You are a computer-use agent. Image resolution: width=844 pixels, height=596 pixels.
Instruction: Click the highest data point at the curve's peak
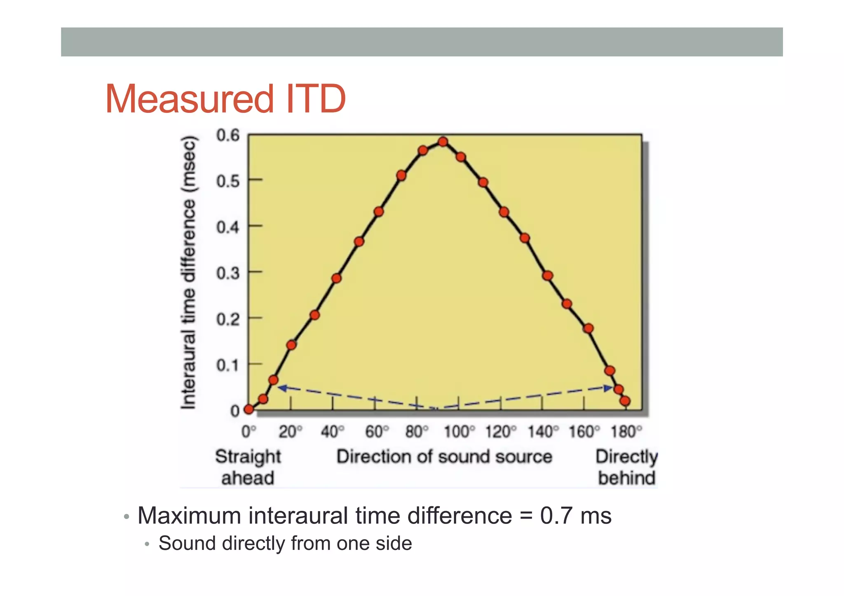443,142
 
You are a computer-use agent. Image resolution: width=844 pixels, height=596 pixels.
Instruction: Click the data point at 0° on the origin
249,409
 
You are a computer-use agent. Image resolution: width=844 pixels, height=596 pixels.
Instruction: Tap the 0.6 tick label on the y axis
228,135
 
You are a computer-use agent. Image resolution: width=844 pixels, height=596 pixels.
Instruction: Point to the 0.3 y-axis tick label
228,273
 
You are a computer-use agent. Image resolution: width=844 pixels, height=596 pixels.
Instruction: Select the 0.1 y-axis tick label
228,365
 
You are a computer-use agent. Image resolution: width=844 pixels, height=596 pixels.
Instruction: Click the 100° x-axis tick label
459,432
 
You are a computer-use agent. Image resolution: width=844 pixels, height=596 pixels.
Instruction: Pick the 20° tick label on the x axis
291,432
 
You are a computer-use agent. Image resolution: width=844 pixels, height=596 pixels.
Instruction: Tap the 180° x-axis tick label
626,432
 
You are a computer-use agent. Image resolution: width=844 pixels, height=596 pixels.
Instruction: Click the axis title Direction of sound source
444,456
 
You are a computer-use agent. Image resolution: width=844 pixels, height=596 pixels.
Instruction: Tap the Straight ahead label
248,467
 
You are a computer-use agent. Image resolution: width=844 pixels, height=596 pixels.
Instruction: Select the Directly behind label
626,467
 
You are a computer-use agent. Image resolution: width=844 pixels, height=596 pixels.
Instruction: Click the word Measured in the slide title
189,99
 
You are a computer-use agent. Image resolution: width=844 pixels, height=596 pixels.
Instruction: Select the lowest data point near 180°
625,401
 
